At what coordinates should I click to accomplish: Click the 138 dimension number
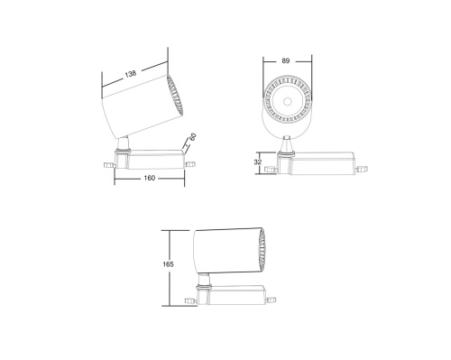[133, 72]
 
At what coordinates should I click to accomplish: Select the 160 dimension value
[149, 178]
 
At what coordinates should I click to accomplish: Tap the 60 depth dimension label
[192, 141]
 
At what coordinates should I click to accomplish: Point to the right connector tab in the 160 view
[189, 163]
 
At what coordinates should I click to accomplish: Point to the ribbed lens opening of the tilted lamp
[174, 96]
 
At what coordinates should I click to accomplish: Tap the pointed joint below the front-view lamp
[287, 142]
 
